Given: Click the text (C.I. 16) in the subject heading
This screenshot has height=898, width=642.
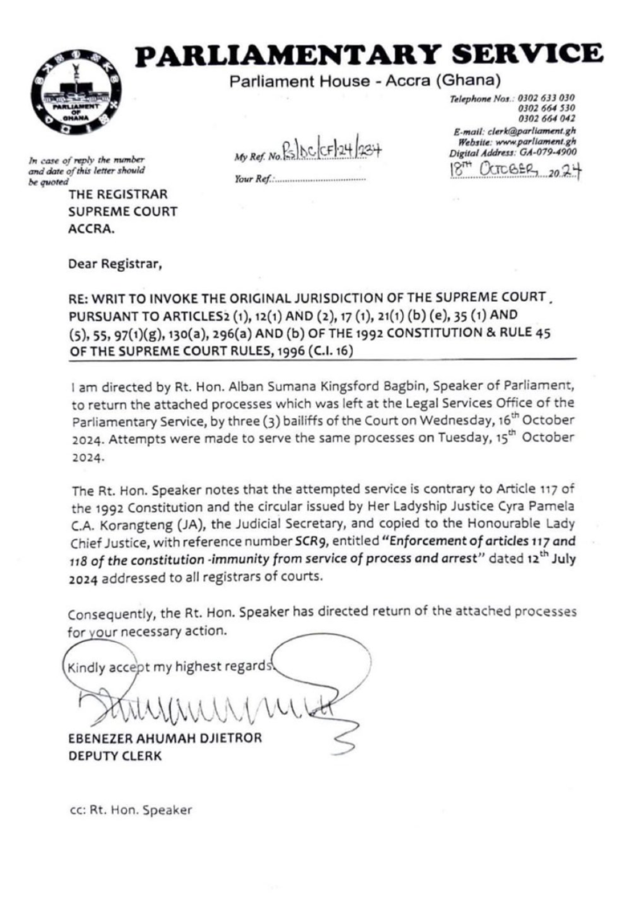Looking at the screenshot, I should click(x=323, y=348).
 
